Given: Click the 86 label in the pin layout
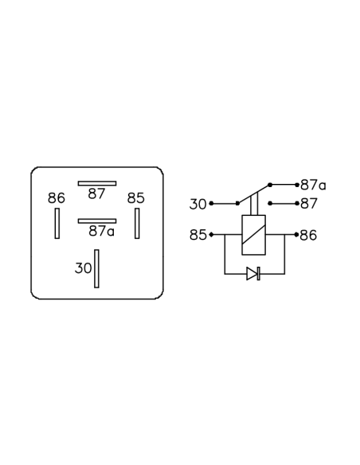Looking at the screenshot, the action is pyautogui.click(x=57, y=198).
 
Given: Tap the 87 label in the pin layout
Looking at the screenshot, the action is pyautogui.click(x=96, y=194).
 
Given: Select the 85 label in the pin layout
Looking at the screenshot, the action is pyautogui.click(x=136, y=198).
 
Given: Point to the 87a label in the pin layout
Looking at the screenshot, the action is pyautogui.click(x=101, y=231).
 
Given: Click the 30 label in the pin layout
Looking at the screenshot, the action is pyautogui.click(x=84, y=268).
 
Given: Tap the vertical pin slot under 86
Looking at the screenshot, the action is pyautogui.click(x=57, y=223).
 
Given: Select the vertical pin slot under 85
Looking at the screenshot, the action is pyautogui.click(x=137, y=223).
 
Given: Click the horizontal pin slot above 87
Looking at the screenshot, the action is pyautogui.click(x=97, y=184).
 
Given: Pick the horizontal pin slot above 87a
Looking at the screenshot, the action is pyautogui.click(x=97, y=221).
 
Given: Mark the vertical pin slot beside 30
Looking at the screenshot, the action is pyautogui.click(x=96, y=268).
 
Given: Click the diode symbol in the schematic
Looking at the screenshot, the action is pyautogui.click(x=253, y=273).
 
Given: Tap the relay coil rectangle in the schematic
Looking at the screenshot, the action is pyautogui.click(x=254, y=235).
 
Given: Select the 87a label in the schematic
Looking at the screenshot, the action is pyautogui.click(x=313, y=185).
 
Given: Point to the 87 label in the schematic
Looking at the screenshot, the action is pyautogui.click(x=309, y=204).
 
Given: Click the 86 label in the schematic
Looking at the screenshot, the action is pyautogui.click(x=308, y=235).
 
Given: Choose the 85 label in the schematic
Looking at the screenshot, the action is pyautogui.click(x=198, y=235).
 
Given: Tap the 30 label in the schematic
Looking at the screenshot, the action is pyautogui.click(x=198, y=205).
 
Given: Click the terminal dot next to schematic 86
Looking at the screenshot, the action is pyautogui.click(x=296, y=235).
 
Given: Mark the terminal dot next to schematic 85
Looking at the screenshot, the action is pyautogui.click(x=211, y=235).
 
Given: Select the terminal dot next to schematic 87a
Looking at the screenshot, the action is pyautogui.click(x=297, y=185).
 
